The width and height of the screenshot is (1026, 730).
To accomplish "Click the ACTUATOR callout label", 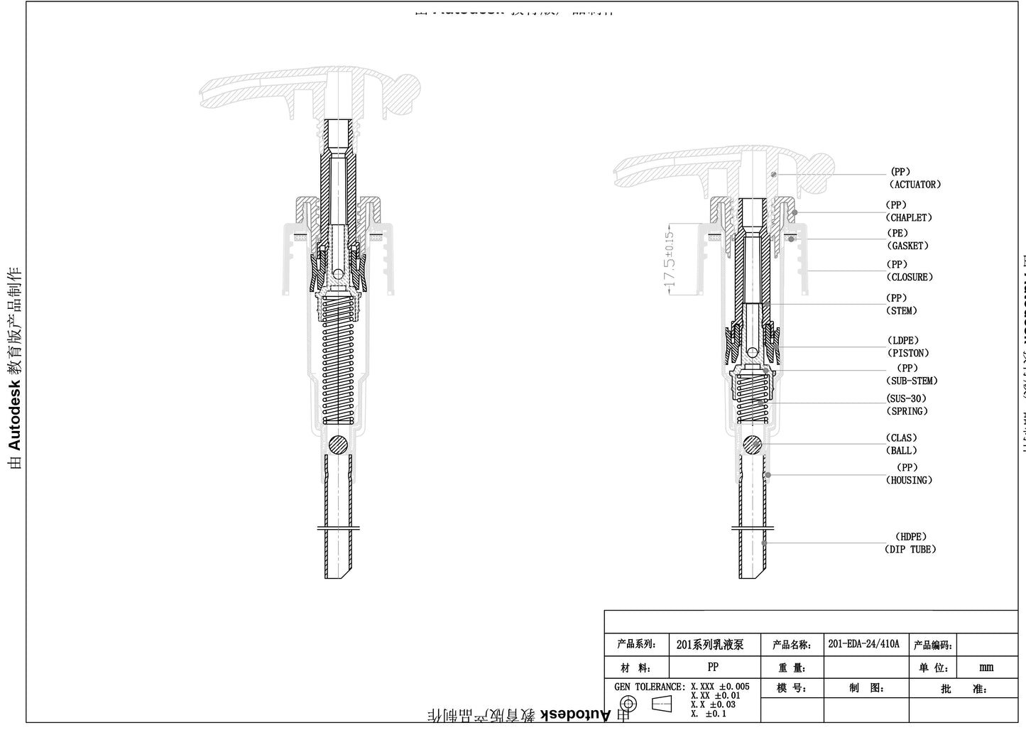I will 915,185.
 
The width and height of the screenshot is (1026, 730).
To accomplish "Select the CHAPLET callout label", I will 909,218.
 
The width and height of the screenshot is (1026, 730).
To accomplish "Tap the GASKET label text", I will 907,246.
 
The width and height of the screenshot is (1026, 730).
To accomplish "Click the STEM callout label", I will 902,311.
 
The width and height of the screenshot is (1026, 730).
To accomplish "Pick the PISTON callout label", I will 907,353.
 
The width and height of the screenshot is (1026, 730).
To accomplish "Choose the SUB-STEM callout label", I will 912,381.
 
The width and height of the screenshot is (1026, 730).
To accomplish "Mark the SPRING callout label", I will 907,411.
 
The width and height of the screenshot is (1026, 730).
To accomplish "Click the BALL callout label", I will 901,450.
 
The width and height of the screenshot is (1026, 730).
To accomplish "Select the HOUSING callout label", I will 909,480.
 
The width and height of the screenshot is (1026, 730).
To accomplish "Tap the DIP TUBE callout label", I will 910,550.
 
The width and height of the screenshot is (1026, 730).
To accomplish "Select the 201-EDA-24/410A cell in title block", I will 863,644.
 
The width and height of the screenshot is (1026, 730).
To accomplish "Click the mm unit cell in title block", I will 986,668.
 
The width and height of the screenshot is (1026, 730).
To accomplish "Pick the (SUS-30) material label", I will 907,399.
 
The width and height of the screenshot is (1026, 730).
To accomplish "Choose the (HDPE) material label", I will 910,537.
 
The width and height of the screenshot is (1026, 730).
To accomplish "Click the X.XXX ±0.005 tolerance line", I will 719,687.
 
